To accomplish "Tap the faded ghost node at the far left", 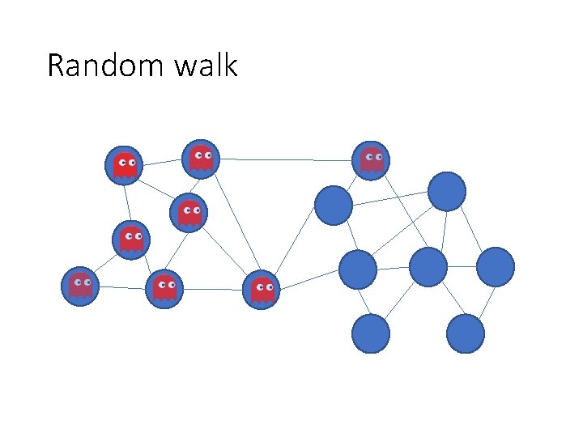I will (80, 286).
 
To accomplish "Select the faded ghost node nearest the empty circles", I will (372, 160).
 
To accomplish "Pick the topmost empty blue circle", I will (446, 191).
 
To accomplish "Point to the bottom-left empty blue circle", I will (371, 333).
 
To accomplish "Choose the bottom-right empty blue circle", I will (465, 333).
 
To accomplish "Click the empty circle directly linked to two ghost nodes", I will (334, 205).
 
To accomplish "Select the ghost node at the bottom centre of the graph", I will (262, 289).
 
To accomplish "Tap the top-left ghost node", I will (123, 165).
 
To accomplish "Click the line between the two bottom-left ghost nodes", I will (121, 287).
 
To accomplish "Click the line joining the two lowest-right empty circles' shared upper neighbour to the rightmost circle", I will (462, 265).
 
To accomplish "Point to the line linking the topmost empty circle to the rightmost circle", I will (471, 229).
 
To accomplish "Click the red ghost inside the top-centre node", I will (201, 158).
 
